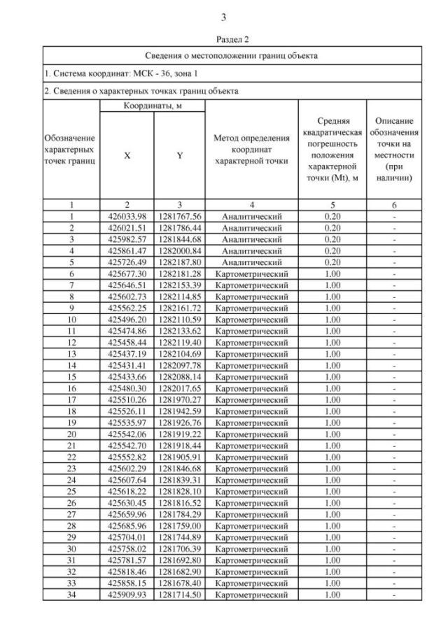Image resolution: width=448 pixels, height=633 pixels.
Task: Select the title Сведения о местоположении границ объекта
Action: point(232,55)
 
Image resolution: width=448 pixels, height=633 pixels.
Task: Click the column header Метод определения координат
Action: point(251,151)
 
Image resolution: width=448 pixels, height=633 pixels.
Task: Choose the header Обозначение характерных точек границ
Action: point(70,152)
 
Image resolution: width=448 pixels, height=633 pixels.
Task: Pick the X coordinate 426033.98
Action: point(127,217)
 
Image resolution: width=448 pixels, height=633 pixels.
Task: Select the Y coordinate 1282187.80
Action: point(179,262)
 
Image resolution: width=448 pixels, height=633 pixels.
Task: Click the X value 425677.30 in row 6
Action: point(127,273)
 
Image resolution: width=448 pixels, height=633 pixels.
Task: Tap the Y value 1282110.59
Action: point(179,319)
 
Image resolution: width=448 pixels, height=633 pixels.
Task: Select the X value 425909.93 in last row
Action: point(127,595)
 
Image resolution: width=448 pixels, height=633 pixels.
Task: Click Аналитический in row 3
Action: point(251,239)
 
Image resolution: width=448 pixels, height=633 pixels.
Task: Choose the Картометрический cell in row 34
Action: point(251,595)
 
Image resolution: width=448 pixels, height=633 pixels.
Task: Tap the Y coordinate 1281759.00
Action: point(179,525)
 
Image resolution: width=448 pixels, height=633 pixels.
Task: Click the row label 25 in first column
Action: point(71,491)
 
